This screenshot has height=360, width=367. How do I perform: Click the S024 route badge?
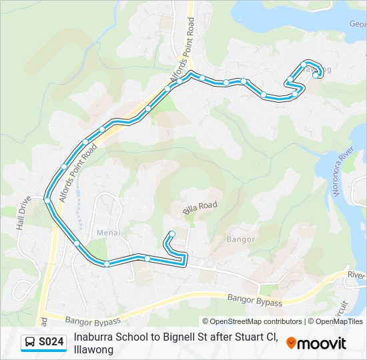[x=44, y=343]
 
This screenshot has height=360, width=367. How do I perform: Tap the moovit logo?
[x=316, y=343]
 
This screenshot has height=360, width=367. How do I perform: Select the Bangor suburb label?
[x=241, y=239]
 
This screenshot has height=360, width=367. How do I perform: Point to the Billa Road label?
[x=200, y=208]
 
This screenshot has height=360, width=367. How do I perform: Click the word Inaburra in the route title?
[x=93, y=337]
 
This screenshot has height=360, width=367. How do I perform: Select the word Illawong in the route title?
[x=94, y=349]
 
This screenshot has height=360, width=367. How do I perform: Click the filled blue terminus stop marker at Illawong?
[x=316, y=75]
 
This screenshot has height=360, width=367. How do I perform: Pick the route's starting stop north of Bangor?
[x=172, y=233]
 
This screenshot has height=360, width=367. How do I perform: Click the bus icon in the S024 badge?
[x=30, y=343]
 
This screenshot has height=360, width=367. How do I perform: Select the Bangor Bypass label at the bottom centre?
[x=254, y=301]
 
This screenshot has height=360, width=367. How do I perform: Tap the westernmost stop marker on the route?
[x=47, y=199]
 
